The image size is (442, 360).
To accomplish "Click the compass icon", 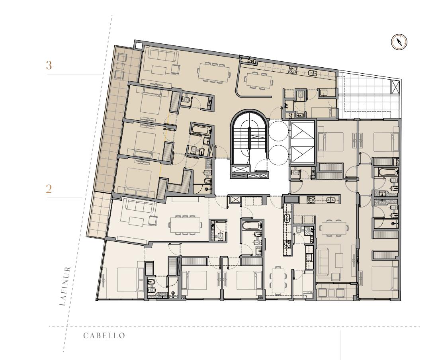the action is point(399,42).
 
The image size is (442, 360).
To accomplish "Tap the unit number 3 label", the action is point(49,65).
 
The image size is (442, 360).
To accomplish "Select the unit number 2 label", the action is point(49,189).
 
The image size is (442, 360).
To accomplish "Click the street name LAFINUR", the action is point(65,286).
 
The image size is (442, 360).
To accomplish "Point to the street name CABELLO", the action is point(104,335).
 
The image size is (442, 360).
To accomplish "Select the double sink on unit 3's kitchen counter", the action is point(312,73).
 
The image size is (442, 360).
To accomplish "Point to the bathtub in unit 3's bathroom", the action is point(200,130).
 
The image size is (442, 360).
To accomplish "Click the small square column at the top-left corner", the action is point(138,45).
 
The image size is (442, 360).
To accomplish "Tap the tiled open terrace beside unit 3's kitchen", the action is point(368,97).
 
